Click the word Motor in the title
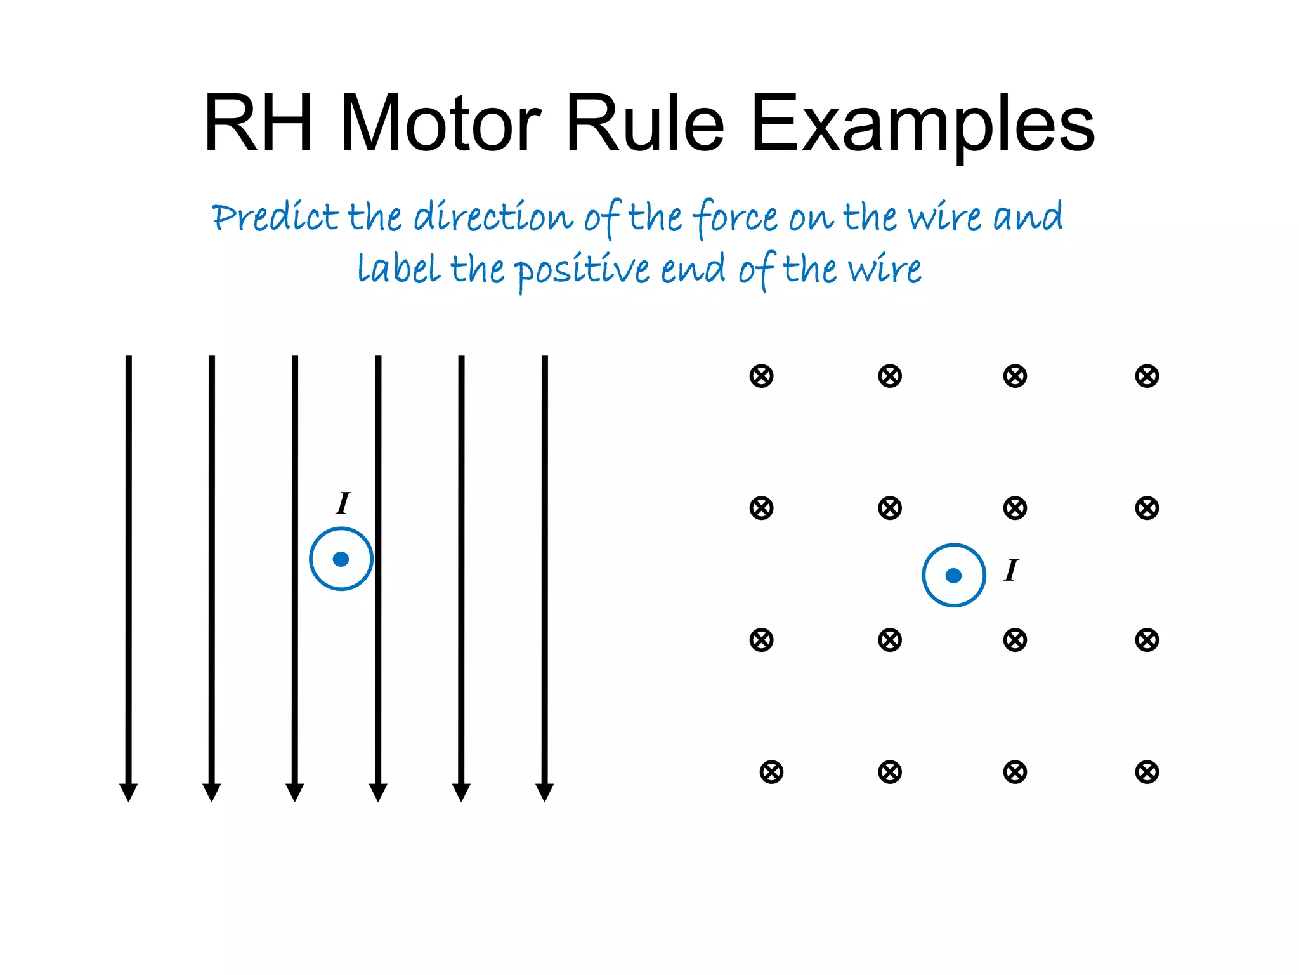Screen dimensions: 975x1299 [441, 123]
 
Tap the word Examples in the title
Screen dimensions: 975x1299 [922, 124]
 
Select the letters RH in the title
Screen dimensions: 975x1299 [258, 123]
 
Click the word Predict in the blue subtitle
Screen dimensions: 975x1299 [275, 217]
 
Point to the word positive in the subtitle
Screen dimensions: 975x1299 [582, 270]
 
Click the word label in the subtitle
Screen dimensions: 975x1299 [399, 269]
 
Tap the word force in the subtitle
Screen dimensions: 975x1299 [735, 217]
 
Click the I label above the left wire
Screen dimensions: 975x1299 [343, 503]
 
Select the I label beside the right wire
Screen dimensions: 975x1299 [1011, 570]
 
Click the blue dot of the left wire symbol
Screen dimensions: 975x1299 [341, 559]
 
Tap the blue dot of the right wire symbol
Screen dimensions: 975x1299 [953, 576]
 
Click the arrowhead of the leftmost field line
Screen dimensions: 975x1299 [129, 792]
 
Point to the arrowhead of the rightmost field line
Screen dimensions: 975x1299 [545, 792]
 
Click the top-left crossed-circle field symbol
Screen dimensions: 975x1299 [761, 376]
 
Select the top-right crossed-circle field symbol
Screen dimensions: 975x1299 [1147, 376]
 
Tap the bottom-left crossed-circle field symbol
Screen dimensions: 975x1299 [771, 772]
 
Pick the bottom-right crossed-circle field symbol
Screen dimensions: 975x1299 [1147, 772]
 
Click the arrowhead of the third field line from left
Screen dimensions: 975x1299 [295, 792]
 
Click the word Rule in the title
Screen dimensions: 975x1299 [644, 123]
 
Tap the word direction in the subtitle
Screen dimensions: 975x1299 [493, 217]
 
